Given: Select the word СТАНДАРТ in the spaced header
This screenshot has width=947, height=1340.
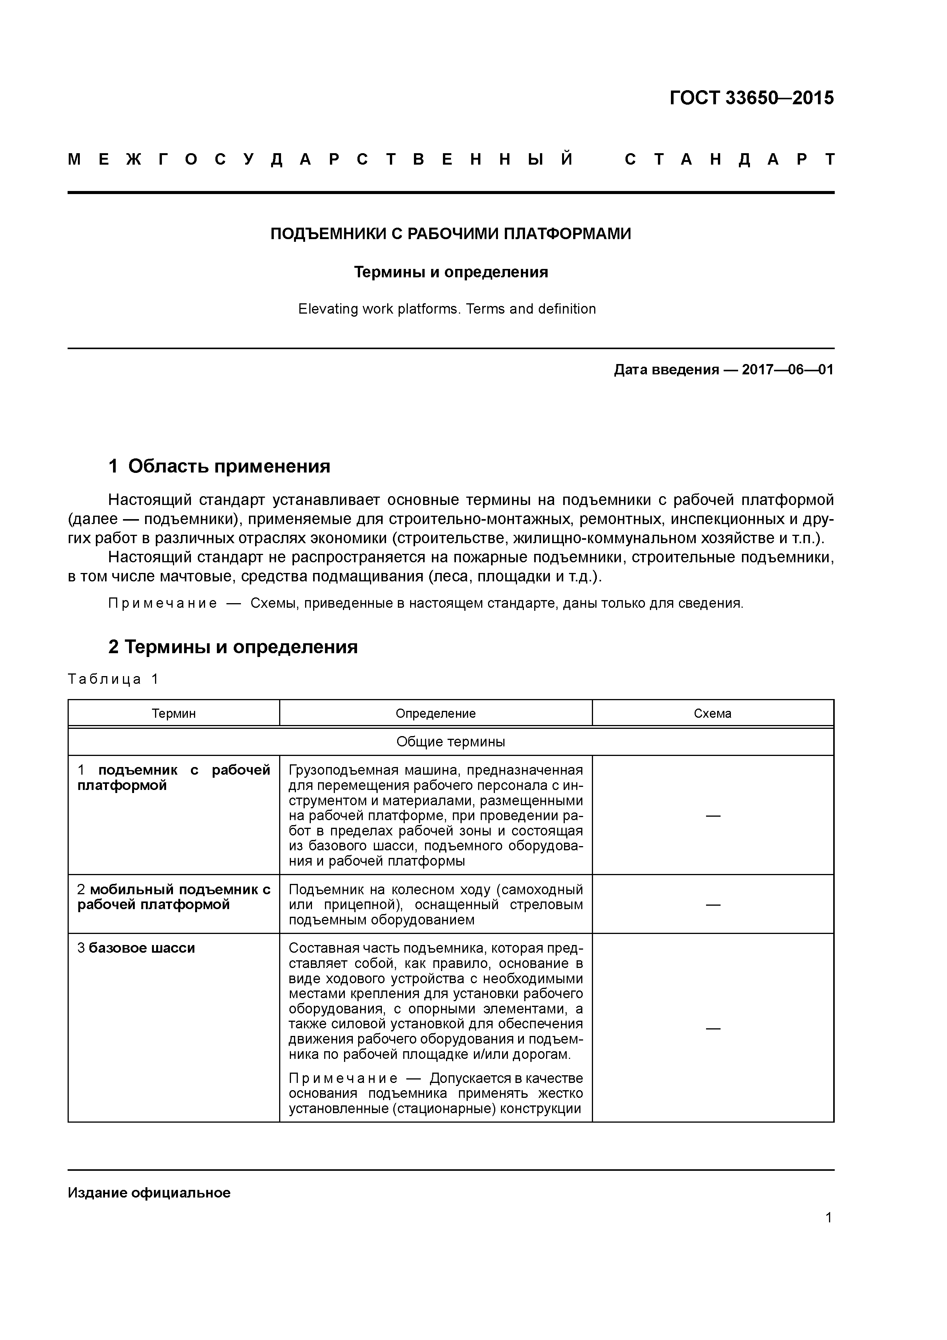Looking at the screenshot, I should click(x=729, y=159).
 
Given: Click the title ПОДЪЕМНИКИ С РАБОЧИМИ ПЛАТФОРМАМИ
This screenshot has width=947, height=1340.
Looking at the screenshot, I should click(x=451, y=234).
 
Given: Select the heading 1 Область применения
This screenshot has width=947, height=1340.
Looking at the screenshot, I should click(x=220, y=466).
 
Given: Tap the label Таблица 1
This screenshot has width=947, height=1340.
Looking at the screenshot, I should click(x=113, y=679).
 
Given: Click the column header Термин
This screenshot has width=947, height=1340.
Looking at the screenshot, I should click(x=173, y=713).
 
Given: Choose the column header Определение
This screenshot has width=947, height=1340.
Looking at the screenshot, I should click(x=435, y=713).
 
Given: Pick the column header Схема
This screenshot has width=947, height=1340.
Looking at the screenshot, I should click(x=713, y=713).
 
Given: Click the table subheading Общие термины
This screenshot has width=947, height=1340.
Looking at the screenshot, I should click(x=451, y=742).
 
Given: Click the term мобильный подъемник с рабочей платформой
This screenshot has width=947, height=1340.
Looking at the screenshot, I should click(x=174, y=897).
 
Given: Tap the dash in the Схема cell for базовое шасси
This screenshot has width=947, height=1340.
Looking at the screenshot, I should click(x=713, y=1028).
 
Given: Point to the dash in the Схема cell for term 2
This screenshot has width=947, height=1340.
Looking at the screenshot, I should click(x=713, y=905).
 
